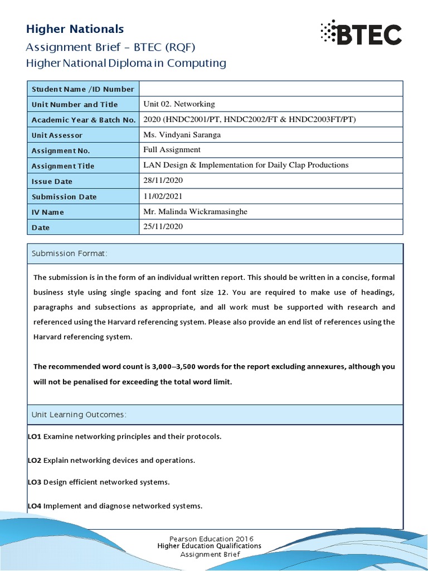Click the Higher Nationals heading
click(x=75, y=29)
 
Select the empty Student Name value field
click(x=270, y=89)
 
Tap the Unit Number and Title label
click(x=75, y=104)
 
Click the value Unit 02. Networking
click(x=179, y=104)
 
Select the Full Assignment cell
click(x=172, y=150)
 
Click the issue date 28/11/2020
click(x=163, y=181)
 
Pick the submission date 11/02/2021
click(x=163, y=196)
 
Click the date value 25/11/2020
click(x=163, y=227)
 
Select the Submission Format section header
click(x=69, y=254)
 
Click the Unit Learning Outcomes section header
click(x=79, y=415)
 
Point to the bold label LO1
click(x=35, y=437)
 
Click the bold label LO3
click(x=35, y=482)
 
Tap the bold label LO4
click(x=35, y=506)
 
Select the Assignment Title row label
click(x=63, y=166)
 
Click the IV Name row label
click(x=48, y=212)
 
